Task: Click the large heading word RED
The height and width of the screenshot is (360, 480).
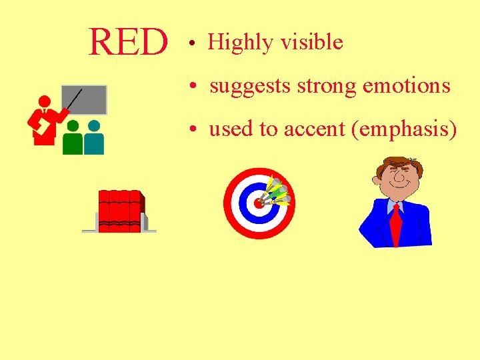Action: (x=128, y=43)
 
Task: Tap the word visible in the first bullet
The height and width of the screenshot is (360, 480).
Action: (x=311, y=43)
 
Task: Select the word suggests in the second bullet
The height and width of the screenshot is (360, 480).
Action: (x=251, y=86)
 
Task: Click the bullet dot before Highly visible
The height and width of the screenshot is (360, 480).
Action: (x=191, y=45)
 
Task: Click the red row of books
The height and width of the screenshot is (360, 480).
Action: (x=120, y=210)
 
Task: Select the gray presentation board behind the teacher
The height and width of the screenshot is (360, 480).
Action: (x=85, y=99)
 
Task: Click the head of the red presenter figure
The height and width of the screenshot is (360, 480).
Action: (x=45, y=102)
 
